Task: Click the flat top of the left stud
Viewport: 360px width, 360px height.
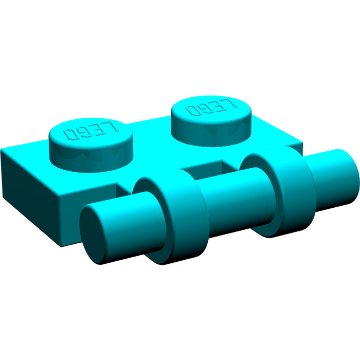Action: point(87,133)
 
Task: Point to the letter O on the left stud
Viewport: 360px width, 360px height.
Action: point(70,134)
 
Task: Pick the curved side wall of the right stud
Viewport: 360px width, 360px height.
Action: point(211,131)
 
